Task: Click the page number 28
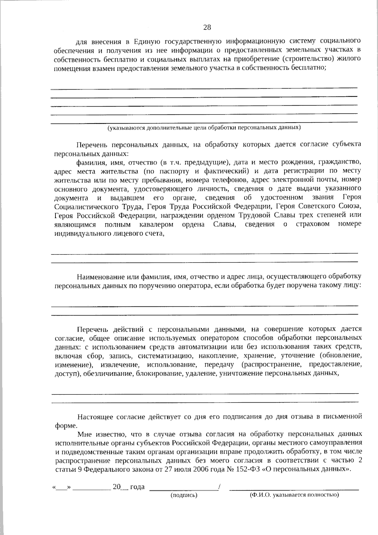click(207, 27)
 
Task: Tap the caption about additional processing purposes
click(204, 128)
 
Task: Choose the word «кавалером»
click(156, 224)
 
